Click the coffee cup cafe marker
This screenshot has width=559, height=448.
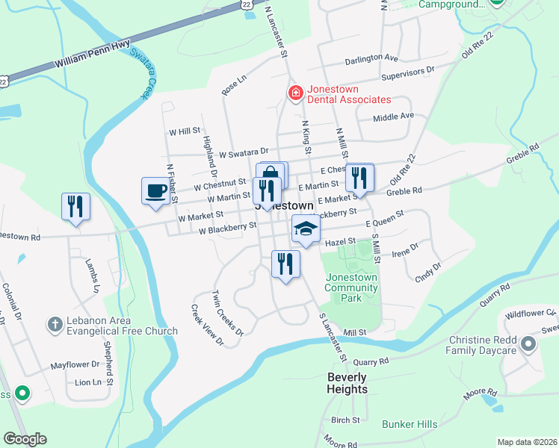[155, 190]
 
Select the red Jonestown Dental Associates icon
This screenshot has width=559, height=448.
[296, 93]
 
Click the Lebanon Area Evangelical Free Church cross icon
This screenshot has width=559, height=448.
[54, 324]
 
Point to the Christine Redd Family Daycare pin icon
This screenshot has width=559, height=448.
[529, 344]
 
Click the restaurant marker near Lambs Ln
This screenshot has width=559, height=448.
[75, 206]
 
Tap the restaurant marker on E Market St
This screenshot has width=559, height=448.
[359, 178]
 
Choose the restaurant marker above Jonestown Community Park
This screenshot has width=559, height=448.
[285, 264]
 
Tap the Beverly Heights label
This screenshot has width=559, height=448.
[348, 383]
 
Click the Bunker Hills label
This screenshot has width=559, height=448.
[410, 424]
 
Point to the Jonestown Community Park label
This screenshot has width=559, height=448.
[351, 287]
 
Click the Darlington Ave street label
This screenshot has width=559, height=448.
[371, 57]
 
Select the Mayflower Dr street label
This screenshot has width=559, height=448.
[75, 365]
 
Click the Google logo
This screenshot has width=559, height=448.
[25, 439]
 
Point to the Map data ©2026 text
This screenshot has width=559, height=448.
[526, 442]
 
